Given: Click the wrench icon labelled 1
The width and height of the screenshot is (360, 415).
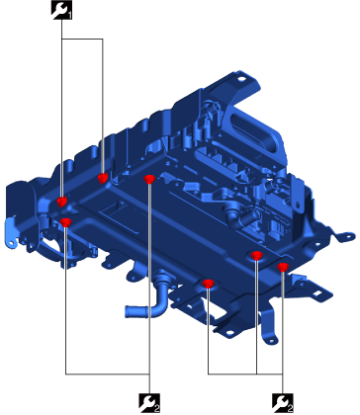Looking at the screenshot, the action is click(x=61, y=10).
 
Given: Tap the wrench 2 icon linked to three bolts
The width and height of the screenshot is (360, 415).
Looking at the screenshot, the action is click(x=283, y=403).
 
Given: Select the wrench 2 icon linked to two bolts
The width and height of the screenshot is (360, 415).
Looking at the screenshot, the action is click(x=149, y=403).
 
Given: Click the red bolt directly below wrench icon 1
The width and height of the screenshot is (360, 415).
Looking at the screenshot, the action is click(x=61, y=201).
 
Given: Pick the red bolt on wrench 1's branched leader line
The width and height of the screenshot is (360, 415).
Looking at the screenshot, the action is click(x=103, y=178).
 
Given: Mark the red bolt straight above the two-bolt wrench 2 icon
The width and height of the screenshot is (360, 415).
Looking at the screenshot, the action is click(x=149, y=179).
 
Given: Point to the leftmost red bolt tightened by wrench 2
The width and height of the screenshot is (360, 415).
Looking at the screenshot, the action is click(x=66, y=222).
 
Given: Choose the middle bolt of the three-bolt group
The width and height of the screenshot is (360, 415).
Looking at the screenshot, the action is click(x=256, y=255).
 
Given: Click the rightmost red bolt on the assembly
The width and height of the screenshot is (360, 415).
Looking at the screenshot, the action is click(x=283, y=267).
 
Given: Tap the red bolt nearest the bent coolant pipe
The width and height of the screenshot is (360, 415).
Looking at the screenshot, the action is click(x=208, y=284).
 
